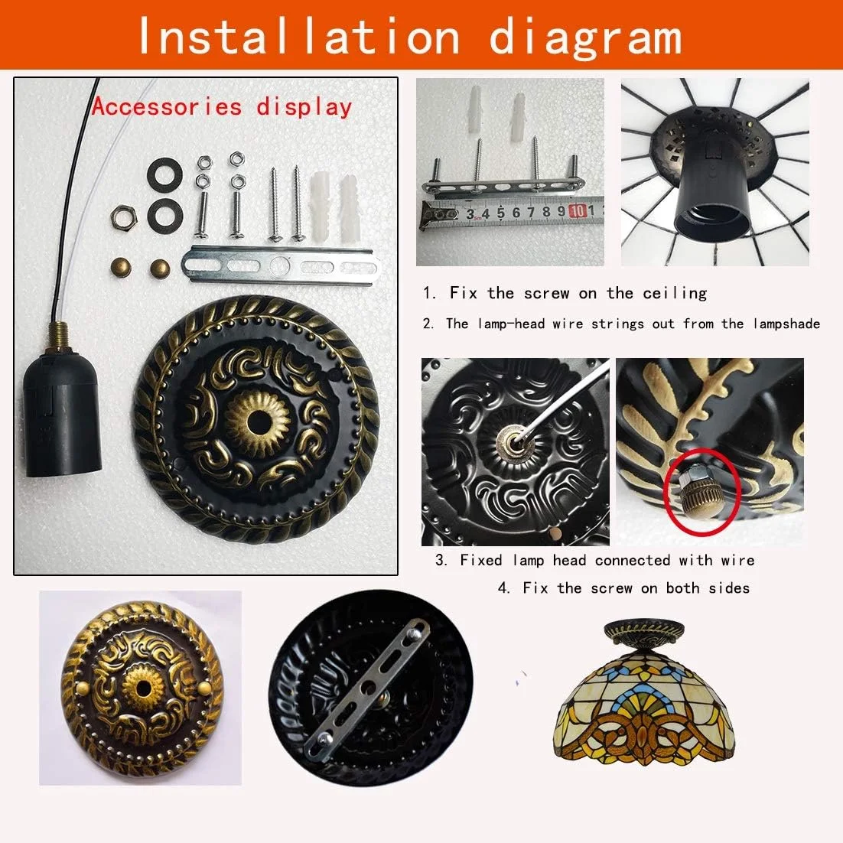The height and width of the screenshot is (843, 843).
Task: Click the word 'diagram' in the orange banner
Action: tap(585, 37)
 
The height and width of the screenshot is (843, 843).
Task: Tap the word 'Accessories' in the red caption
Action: tap(167, 106)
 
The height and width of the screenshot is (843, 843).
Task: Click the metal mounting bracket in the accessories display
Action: tap(281, 265)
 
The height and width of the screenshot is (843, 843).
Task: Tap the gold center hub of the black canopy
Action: tap(257, 419)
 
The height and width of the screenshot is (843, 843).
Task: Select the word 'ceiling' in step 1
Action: tap(675, 293)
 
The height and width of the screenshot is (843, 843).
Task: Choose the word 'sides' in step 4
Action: tap(729, 588)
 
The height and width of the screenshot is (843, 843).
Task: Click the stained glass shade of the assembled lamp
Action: tap(644, 704)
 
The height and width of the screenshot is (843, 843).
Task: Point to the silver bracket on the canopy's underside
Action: tap(367, 689)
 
